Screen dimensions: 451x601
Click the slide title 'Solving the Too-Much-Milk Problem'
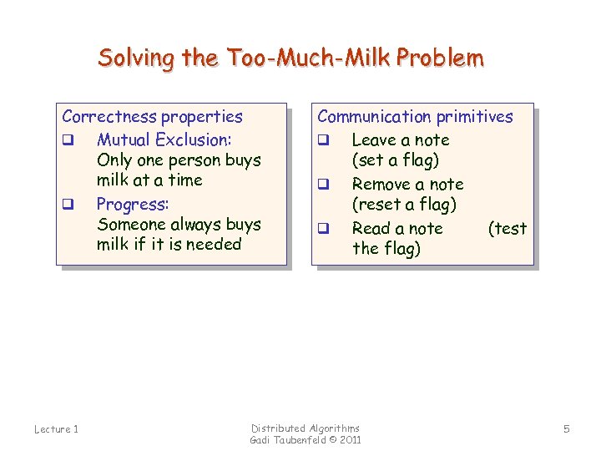tap(290, 58)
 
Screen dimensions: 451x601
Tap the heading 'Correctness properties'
tap(152, 117)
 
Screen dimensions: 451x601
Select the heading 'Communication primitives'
tap(415, 117)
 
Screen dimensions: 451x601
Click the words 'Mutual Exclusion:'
tap(164, 139)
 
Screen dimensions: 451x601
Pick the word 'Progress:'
tap(133, 204)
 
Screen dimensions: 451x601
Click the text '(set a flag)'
tap(395, 160)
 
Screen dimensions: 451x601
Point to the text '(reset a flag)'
tap(404, 205)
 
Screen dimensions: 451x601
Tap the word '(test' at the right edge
tap(508, 229)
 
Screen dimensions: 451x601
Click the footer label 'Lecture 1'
tap(56, 429)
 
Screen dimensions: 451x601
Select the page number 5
tap(566, 429)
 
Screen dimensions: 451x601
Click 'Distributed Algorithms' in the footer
tap(306, 428)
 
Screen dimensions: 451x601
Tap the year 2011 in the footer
tap(351, 440)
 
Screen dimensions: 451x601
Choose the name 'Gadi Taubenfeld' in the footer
tap(288, 440)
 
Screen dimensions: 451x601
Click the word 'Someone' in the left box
tap(130, 225)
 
